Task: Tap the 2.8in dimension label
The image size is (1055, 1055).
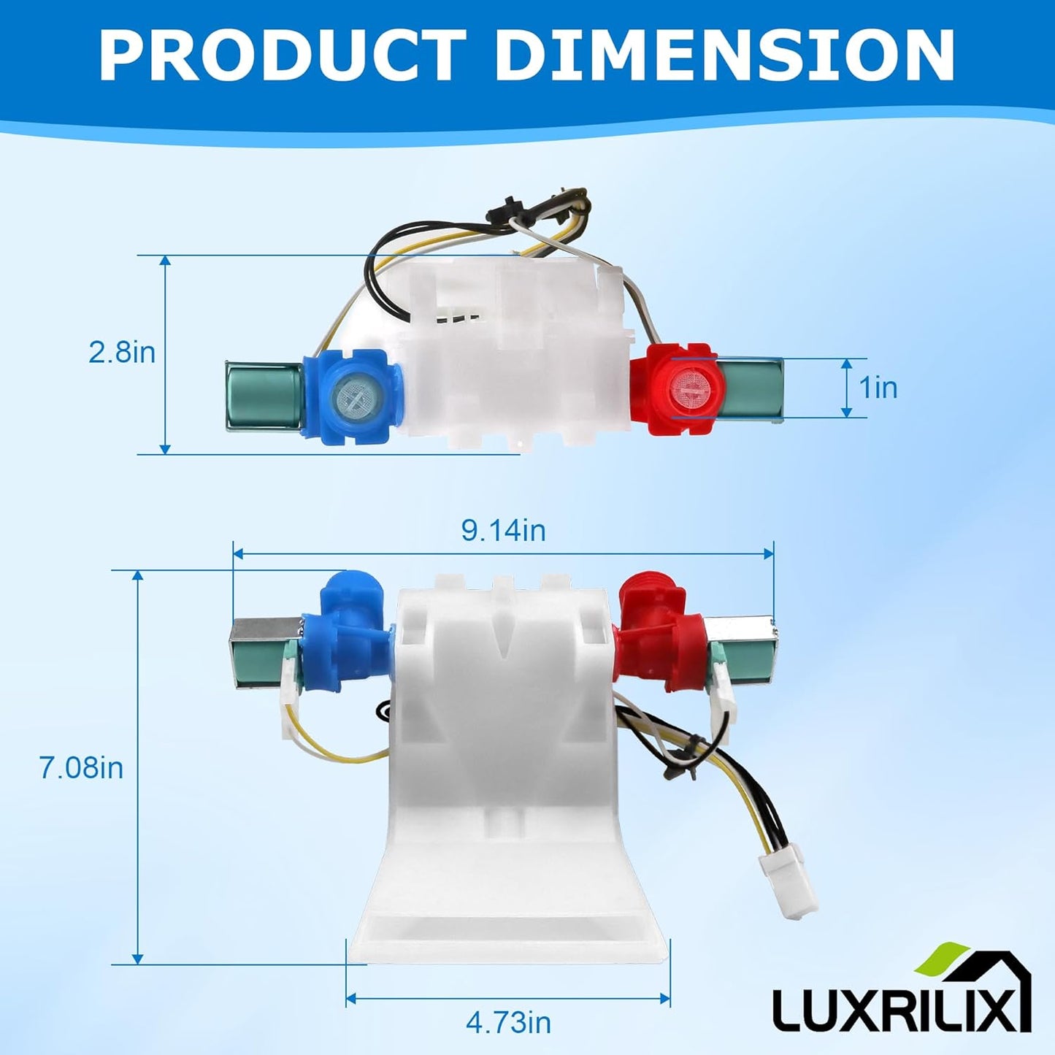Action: click(x=122, y=353)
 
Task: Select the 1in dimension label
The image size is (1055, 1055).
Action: click(x=878, y=388)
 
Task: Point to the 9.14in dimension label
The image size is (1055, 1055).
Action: click(x=503, y=531)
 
